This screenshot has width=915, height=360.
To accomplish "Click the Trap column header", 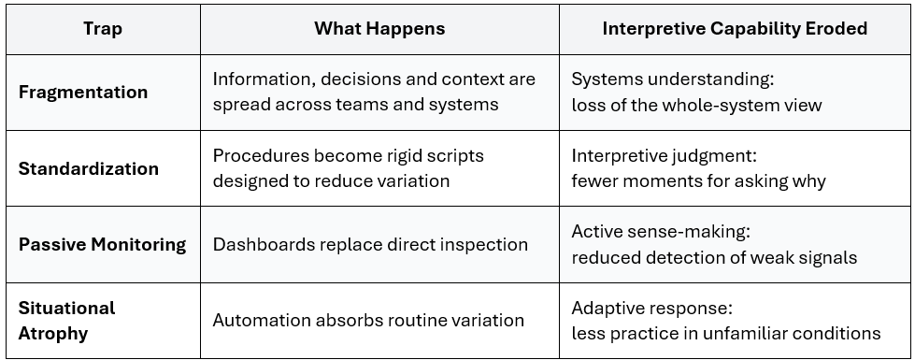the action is (103, 29).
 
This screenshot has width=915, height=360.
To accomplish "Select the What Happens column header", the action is (379, 29).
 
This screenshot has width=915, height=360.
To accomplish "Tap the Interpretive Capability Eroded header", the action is (735, 29).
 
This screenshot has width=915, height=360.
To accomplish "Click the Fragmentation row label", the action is (83, 93).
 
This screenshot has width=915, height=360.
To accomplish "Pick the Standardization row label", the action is (89, 168).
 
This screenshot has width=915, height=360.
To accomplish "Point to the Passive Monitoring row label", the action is (102, 244).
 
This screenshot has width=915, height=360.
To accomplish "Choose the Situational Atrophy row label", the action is (66, 321).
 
